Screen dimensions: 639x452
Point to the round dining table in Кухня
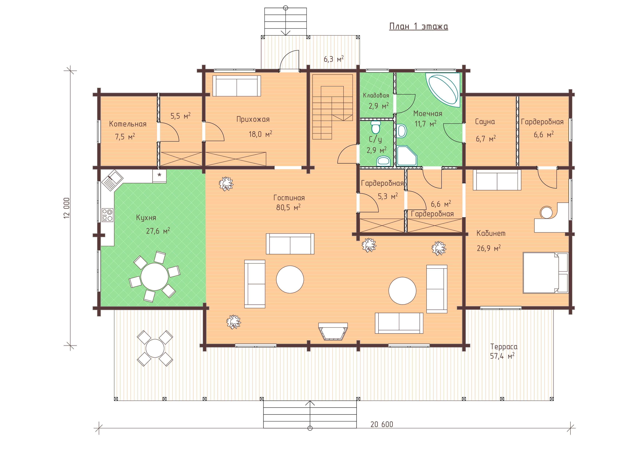tap(154, 277)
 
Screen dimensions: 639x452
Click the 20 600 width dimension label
tap(382, 424)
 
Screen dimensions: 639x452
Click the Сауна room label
tap(485, 122)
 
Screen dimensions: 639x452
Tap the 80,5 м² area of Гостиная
tap(288, 207)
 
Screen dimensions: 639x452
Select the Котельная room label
tap(128, 124)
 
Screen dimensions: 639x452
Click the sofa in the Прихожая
tap(237, 86)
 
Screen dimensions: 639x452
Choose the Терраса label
tap(504, 346)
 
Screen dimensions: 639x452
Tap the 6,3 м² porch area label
tap(334, 59)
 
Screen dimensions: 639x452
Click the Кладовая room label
tap(376, 96)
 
